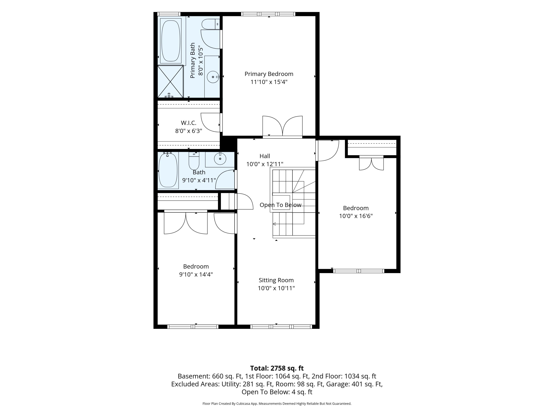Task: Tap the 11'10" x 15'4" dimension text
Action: tap(269, 82)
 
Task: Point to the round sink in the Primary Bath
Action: tap(213, 77)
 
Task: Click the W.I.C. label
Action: tap(189, 123)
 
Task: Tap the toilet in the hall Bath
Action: tap(194, 161)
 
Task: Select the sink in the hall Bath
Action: tap(220, 159)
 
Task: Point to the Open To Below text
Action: tap(280, 205)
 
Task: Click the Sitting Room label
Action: tap(276, 280)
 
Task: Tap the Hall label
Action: tap(265, 156)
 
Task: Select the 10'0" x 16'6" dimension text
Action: tap(356, 216)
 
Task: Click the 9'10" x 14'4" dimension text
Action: tap(196, 274)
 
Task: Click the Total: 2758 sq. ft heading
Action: tap(277, 368)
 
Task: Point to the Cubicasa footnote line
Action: tap(277, 403)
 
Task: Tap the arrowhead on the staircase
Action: tap(274, 224)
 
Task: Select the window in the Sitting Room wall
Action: tap(281, 326)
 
